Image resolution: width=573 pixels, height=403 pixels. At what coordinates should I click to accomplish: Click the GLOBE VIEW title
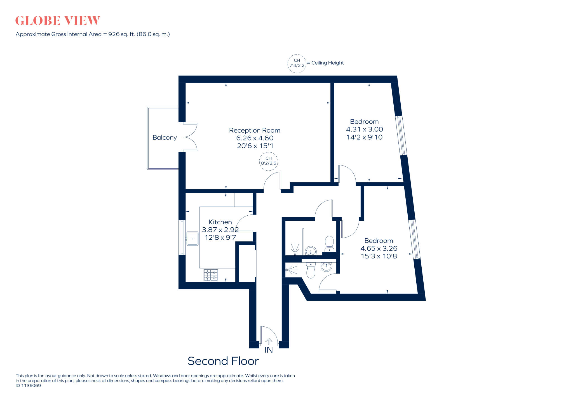point(57,21)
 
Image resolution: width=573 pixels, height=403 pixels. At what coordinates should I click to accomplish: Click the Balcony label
point(165,138)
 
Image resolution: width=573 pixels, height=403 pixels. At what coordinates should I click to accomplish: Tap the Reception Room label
point(255,130)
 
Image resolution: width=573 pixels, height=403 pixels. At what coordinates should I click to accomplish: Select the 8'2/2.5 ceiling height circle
point(269,161)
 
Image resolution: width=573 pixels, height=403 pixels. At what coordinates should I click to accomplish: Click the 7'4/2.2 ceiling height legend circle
point(297,63)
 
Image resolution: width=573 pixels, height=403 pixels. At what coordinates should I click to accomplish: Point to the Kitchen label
point(220,222)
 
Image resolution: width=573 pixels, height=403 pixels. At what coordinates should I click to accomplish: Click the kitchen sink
point(192,239)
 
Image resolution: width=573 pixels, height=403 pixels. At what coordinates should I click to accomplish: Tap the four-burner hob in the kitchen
point(211,275)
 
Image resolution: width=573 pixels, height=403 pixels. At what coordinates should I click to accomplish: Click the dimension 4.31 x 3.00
point(364,129)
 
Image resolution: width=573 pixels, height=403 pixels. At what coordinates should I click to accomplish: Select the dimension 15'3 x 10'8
point(379,256)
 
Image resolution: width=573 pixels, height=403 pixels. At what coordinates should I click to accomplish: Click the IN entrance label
point(269,350)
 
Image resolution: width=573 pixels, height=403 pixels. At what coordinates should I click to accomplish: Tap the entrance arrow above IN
point(269,341)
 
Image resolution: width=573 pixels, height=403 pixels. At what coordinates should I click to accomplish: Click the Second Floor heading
point(223,361)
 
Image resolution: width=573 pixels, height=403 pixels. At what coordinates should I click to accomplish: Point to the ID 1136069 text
point(28,386)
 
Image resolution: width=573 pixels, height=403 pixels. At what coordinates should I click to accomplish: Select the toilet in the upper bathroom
point(329,244)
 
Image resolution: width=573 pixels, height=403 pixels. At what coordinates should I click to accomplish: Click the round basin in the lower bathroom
point(326,267)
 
